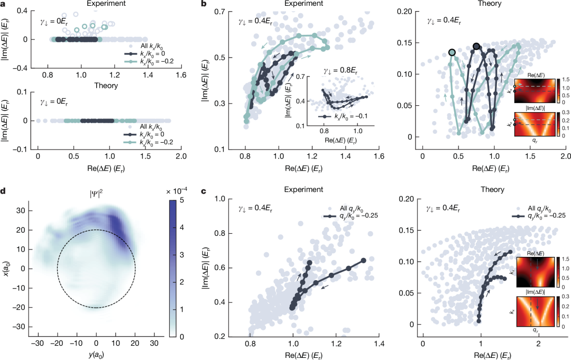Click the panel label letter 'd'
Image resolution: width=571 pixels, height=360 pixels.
[4, 190]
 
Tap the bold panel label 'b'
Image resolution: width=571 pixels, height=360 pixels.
[204, 4]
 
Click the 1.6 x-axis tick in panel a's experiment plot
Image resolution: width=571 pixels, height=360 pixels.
[181, 76]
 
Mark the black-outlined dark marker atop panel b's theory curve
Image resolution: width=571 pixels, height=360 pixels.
[476, 47]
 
